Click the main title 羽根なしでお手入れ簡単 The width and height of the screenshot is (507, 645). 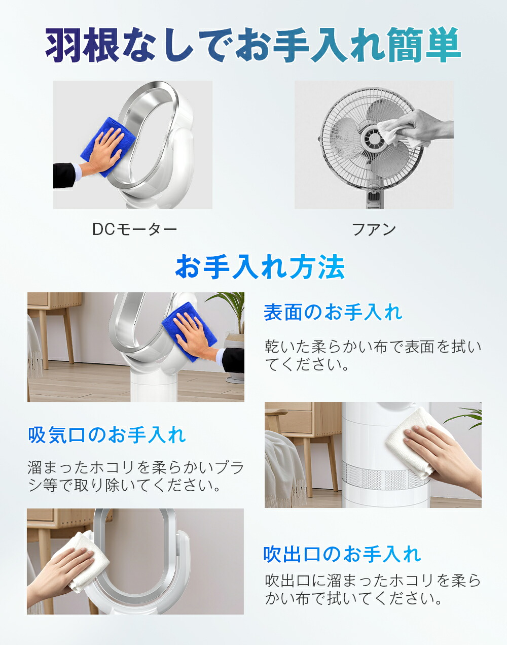[x=253, y=45]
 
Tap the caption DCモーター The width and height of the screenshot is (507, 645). [x=134, y=229]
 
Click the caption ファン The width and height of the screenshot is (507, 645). [x=374, y=229]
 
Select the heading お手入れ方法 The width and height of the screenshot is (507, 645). [x=260, y=267]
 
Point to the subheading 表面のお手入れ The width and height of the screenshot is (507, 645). [x=333, y=313]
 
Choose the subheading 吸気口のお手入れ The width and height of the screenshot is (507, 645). [x=107, y=435]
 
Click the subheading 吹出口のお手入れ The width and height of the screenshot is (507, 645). [x=342, y=554]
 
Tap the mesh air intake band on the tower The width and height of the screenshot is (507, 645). [x=385, y=478]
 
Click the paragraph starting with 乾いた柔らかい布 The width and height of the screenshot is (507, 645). [x=373, y=356]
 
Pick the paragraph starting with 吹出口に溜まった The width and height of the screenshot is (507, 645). [x=373, y=589]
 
